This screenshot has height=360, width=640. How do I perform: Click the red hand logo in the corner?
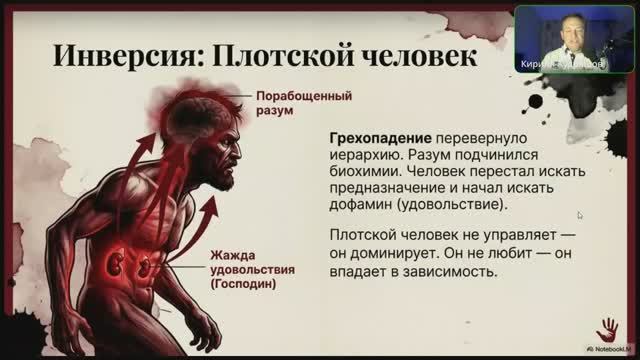606,328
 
